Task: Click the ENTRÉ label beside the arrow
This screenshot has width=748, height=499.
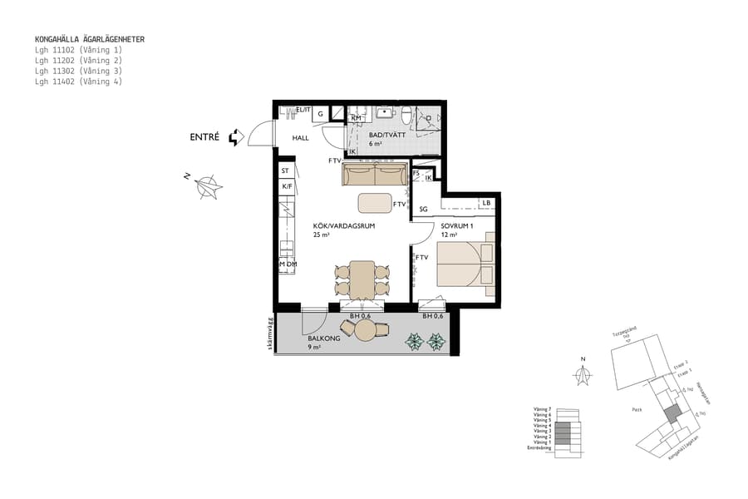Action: (204, 137)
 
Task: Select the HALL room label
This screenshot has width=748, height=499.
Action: (300, 138)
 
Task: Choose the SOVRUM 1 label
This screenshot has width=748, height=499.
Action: (457, 225)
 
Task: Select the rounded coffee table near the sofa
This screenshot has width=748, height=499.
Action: (375, 203)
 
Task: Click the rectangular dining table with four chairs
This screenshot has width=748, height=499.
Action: (362, 279)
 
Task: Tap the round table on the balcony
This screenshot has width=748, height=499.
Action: (366, 331)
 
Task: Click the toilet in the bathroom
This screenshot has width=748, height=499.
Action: (405, 115)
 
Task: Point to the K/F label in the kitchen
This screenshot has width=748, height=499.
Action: (287, 186)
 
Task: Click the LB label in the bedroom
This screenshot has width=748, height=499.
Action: (486, 203)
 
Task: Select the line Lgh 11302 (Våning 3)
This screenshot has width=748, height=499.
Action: (78, 72)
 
